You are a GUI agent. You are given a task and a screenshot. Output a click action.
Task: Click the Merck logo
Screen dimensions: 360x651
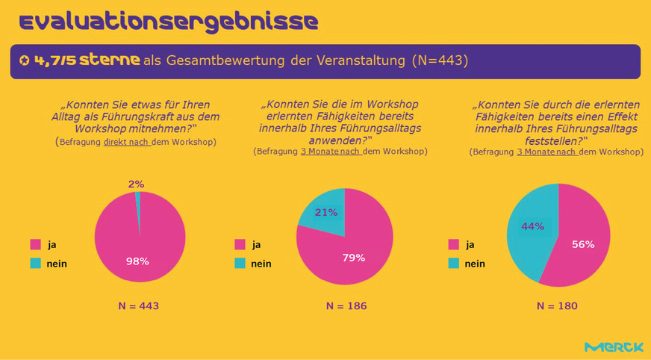coord(614,347)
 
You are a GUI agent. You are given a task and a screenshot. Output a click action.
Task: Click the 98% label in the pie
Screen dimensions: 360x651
coord(137,261)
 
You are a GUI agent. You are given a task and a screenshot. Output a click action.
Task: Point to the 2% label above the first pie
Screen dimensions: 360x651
coord(136,184)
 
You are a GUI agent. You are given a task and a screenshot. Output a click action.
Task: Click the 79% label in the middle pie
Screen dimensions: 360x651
coord(354,258)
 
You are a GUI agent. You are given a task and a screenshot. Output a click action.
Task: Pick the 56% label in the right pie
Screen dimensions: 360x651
coord(583,244)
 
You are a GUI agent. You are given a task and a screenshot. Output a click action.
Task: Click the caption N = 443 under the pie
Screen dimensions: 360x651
coord(139,306)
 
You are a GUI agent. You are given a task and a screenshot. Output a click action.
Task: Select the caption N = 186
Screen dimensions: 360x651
coord(346,306)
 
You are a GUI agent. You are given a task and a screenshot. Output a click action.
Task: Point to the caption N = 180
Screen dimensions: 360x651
coord(557,306)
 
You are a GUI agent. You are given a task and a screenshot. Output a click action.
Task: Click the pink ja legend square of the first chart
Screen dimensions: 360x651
coord(34,244)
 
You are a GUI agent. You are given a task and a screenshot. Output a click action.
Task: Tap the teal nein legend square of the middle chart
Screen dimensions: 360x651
coord(240,263)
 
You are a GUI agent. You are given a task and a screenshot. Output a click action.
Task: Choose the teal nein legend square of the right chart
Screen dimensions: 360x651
coord(453,263)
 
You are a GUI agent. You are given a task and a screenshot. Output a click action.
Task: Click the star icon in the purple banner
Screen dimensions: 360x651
coord(25,60)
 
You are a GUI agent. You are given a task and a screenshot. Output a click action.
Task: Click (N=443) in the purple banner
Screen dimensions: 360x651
coord(440,60)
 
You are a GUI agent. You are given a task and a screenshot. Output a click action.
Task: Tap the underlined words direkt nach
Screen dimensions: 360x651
coord(127,142)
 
